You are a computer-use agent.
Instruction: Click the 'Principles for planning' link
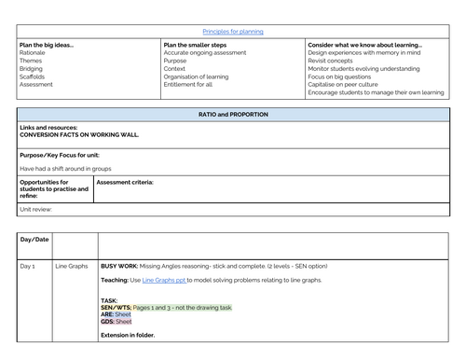[233, 31]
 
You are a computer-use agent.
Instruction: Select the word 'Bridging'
[31, 67]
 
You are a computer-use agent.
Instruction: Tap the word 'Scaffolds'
[32, 76]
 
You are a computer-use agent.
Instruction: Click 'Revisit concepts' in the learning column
[334, 60]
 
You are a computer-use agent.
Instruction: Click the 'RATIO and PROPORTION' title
[233, 114]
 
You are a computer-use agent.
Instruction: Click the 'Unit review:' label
[37, 209]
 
